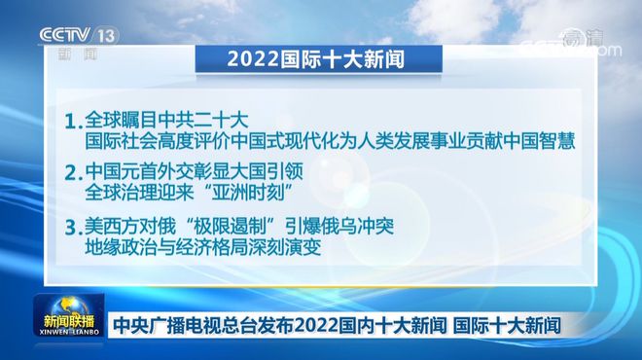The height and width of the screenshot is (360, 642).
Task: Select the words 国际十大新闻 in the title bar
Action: coord(341,58)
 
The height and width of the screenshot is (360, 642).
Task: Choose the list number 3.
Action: coord(68,230)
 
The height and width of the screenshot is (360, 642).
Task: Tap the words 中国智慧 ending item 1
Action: coord(541,142)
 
